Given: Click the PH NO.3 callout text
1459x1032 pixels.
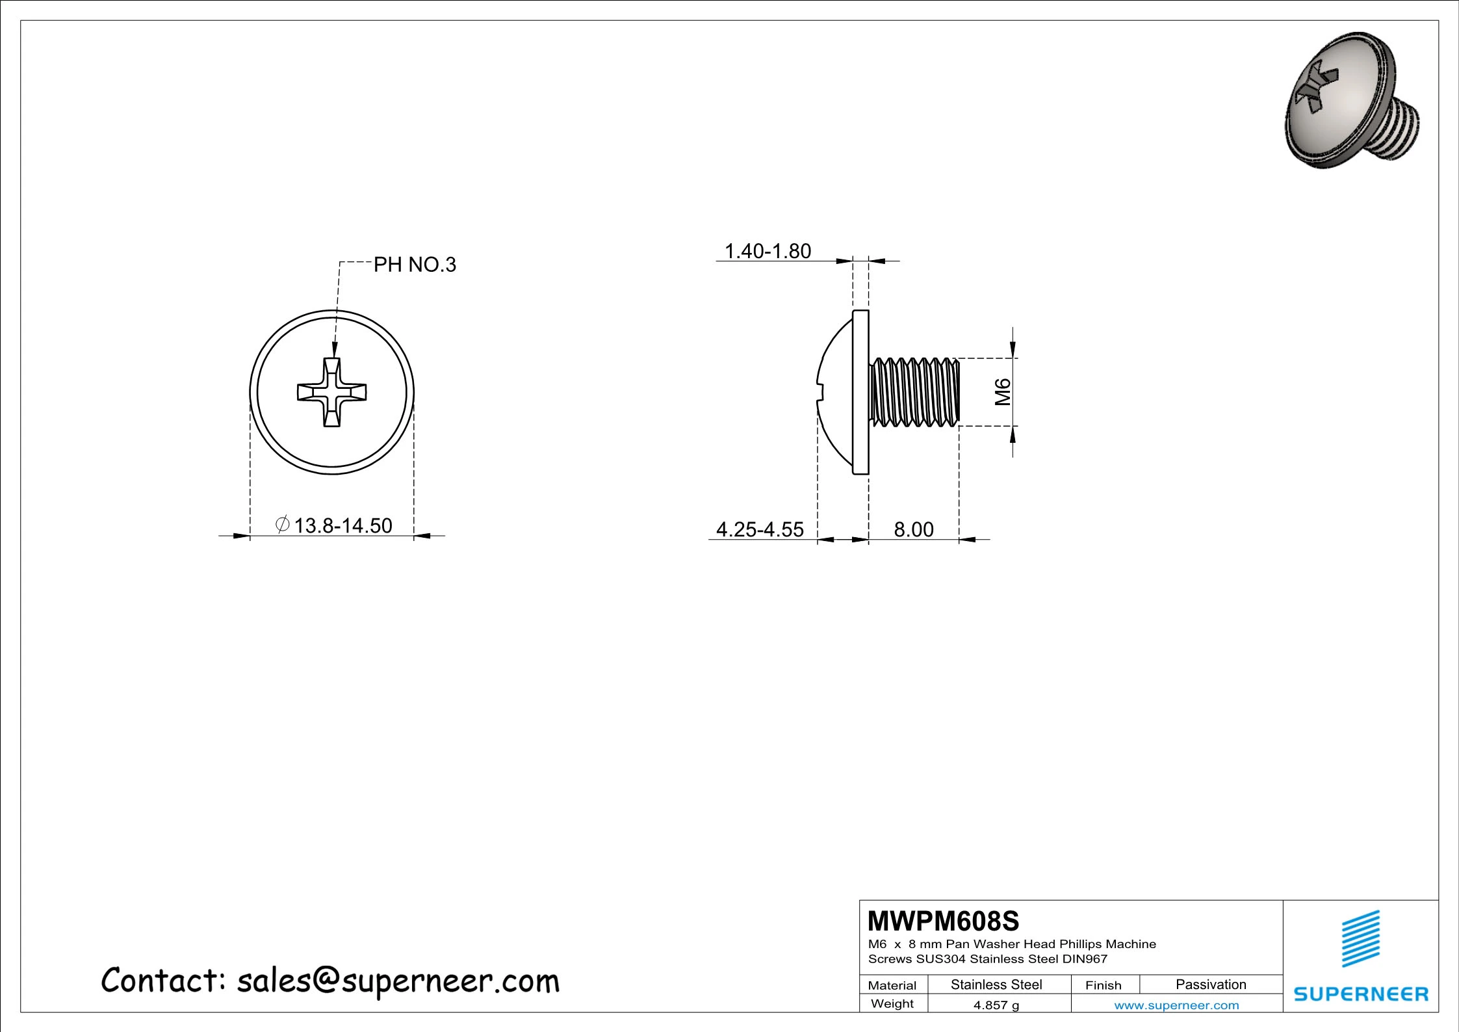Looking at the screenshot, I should pyautogui.click(x=415, y=265).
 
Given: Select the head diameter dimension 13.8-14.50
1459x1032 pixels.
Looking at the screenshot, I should pyautogui.click(x=342, y=525).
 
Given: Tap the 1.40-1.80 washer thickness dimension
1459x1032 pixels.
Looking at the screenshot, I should pyautogui.click(x=768, y=251).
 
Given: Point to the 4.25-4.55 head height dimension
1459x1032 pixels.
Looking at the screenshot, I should pyautogui.click(x=760, y=529).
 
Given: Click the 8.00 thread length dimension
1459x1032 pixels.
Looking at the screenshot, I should pyautogui.click(x=913, y=529).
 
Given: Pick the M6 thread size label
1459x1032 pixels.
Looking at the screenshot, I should pyautogui.click(x=1003, y=391).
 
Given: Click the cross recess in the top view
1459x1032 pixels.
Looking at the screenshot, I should pyautogui.click(x=332, y=392).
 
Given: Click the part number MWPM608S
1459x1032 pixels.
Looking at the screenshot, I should pyautogui.click(x=944, y=921).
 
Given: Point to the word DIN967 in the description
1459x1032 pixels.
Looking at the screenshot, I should pyautogui.click(x=1085, y=959).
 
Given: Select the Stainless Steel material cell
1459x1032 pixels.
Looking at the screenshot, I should pyautogui.click(x=996, y=985).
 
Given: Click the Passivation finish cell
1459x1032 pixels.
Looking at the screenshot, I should pyautogui.click(x=1211, y=985).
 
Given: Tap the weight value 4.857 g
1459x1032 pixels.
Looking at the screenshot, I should pyautogui.click(x=996, y=1005).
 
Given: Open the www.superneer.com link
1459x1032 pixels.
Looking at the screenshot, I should pyautogui.click(x=1176, y=1005).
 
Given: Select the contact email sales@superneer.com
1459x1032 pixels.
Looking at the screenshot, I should pyautogui.click(x=398, y=981).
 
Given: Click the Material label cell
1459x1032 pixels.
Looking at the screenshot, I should pyautogui.click(x=892, y=985).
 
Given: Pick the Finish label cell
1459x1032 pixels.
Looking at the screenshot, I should pyautogui.click(x=1103, y=985).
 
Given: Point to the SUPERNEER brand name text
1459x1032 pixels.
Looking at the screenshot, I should pyautogui.click(x=1361, y=994).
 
